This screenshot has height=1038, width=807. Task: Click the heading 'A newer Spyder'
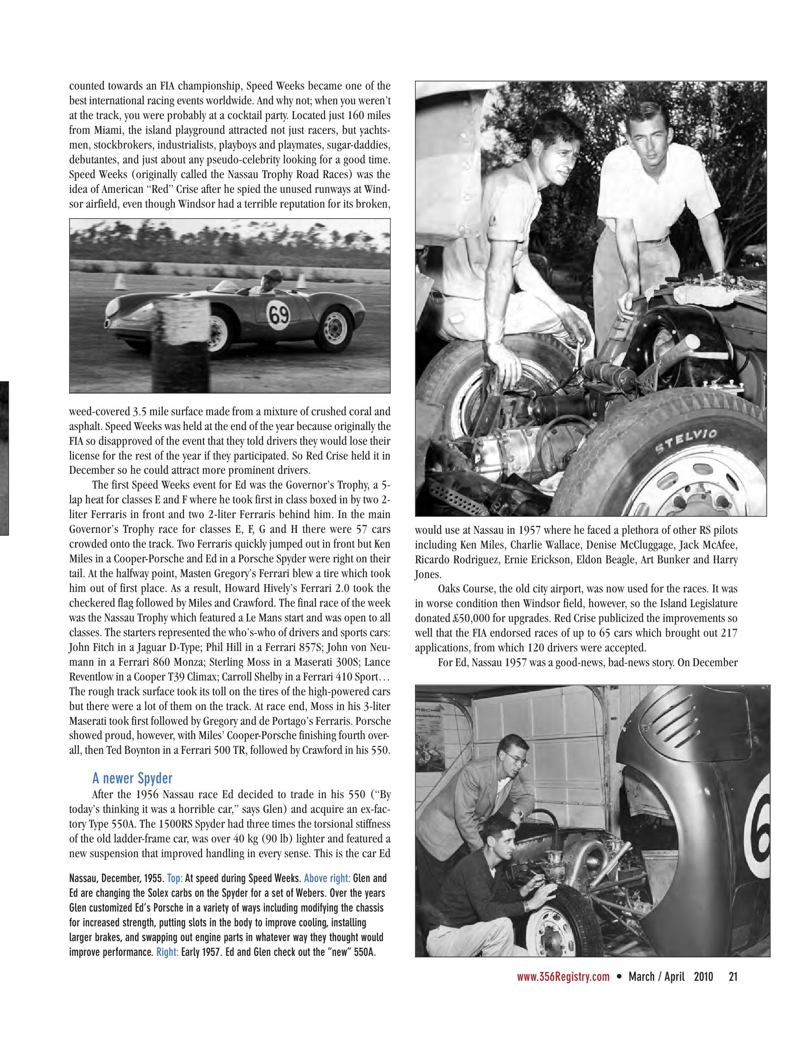[x=132, y=778]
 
